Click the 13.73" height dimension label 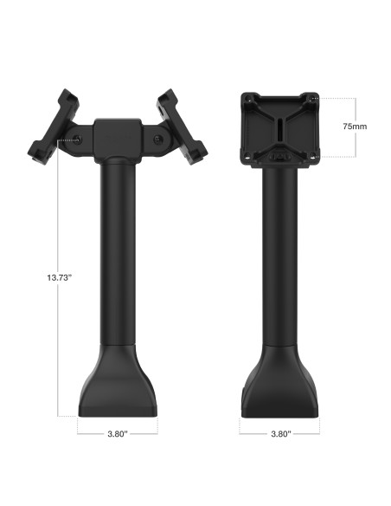[34, 277]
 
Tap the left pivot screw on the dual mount [79, 139]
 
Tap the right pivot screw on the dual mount [157, 139]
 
